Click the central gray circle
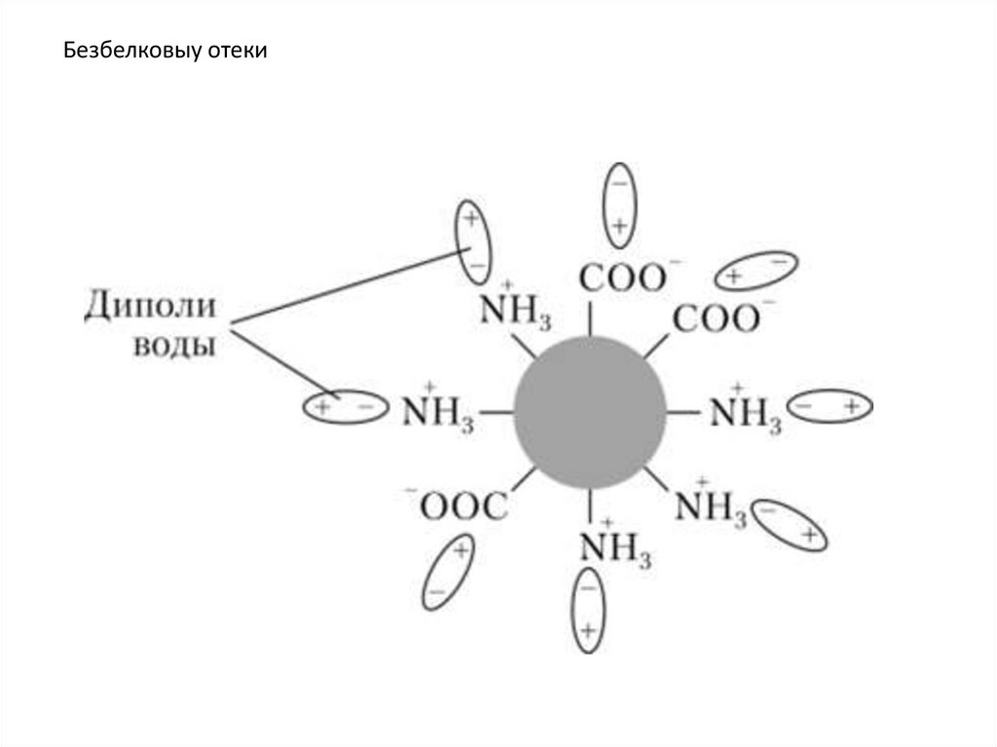[x=590, y=411]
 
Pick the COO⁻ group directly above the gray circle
[x=622, y=278]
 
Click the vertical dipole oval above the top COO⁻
[x=618, y=202]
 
